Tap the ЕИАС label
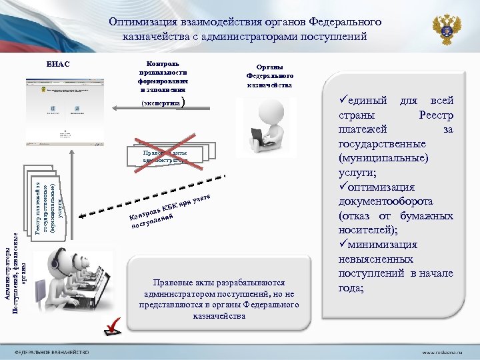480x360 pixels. tap(58, 64)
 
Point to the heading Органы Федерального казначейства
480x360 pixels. tap(269, 76)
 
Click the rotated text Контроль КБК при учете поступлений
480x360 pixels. tap(169, 211)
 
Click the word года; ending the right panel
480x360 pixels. tap(351, 288)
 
